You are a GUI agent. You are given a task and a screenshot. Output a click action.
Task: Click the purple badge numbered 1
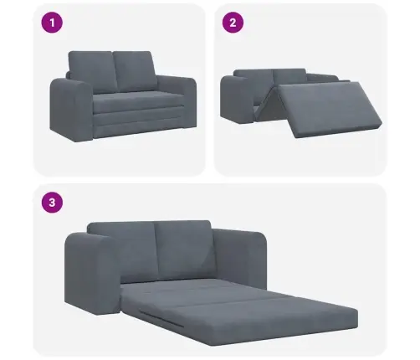(x=52, y=23)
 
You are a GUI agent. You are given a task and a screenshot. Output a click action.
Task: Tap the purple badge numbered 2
(x=233, y=23)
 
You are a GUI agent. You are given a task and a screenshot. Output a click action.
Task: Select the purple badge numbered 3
(x=52, y=202)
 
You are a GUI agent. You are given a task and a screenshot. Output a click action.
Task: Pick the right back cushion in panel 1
(x=135, y=70)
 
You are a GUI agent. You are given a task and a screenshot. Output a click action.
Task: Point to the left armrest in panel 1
(x=71, y=110)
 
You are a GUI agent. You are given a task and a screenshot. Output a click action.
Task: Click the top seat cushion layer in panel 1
(x=139, y=103)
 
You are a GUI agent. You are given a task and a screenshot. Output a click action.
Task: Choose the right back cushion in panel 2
(x=289, y=75)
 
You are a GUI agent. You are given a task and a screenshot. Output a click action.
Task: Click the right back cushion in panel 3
(x=184, y=248)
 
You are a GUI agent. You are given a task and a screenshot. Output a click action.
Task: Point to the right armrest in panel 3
(x=240, y=258)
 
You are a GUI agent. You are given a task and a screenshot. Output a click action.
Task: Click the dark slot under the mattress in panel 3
(x=161, y=319)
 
